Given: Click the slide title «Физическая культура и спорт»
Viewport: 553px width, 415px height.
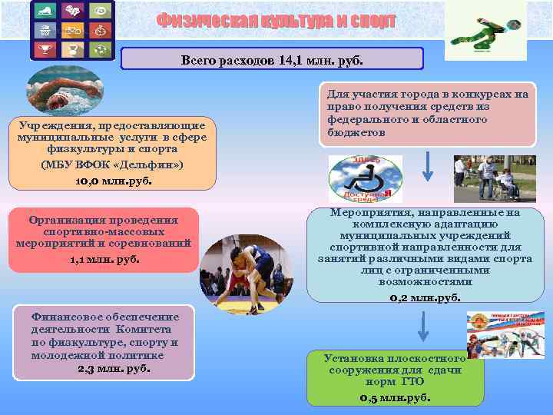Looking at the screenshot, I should point(276,21).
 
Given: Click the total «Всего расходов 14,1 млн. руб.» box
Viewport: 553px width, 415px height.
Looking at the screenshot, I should point(273,59).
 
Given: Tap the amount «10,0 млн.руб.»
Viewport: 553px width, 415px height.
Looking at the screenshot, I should point(114,181).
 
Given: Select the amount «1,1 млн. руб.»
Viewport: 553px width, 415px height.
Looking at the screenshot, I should point(102,259).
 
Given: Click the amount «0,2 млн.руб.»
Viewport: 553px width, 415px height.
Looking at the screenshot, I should point(425,297).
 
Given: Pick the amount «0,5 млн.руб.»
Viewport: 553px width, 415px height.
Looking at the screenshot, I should point(395,398).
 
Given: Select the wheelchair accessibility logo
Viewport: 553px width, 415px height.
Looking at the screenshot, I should point(365,179).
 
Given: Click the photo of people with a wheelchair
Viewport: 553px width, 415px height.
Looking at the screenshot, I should point(484,178).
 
